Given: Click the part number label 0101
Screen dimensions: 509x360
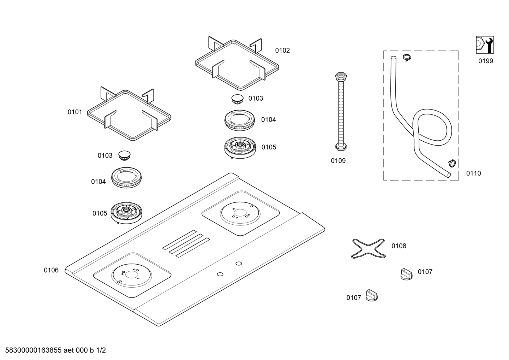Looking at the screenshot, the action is [75, 112].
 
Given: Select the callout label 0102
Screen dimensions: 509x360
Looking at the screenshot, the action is [282, 51].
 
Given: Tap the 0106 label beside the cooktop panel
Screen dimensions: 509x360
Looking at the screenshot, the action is [51, 270].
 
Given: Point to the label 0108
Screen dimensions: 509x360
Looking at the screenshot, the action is [399, 246].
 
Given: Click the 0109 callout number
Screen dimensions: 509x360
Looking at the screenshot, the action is [338, 161].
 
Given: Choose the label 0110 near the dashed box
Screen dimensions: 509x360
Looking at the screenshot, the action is [474, 173].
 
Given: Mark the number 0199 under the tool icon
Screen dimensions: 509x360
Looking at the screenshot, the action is [486, 61].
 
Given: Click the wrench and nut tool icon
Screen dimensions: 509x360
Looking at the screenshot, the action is [485, 45].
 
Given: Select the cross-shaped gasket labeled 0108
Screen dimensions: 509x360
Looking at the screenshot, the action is [369, 249].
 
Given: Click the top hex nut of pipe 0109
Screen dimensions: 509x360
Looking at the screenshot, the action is [341, 76].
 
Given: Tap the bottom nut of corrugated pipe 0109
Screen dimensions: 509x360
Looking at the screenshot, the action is [341, 147].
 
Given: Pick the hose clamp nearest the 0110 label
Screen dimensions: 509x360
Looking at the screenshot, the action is [452, 163].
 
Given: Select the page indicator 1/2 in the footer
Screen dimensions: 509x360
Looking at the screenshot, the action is [101, 350].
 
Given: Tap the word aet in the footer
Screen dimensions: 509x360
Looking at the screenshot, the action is [68, 350].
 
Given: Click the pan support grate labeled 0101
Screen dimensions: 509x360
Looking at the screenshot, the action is [129, 114].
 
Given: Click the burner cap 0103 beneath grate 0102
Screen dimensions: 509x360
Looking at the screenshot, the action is [237, 99].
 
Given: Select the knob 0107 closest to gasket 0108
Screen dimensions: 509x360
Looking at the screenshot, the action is [407, 274].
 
